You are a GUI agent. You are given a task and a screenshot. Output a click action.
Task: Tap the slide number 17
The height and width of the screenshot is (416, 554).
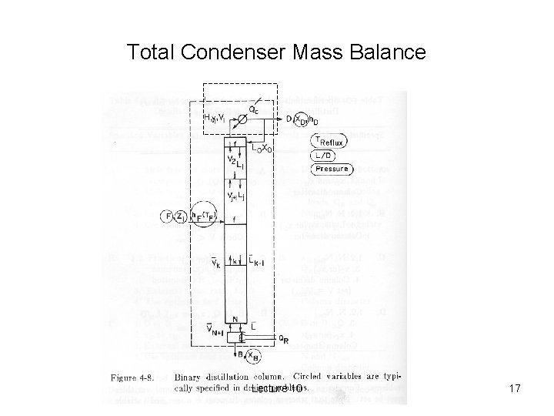pos(515,390)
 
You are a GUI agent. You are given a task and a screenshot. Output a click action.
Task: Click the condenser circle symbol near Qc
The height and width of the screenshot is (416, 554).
pos(244,118)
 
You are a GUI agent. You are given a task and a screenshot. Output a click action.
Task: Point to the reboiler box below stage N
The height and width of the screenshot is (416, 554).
pos(244,337)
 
